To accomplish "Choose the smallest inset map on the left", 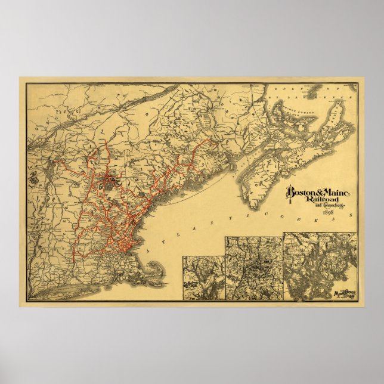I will pos(203,277).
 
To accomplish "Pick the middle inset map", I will pos(253,268).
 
